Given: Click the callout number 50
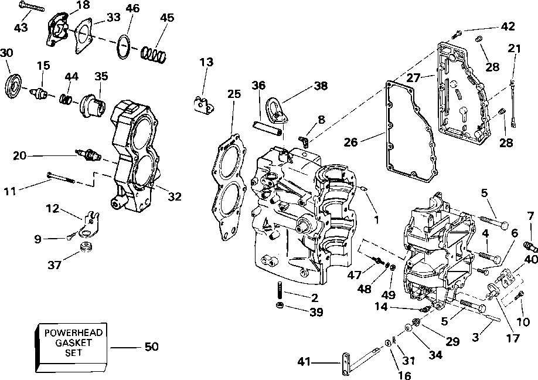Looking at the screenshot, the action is pos(151,347).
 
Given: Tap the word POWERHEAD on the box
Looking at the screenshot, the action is pos(73,333).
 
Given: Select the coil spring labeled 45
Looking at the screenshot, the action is pos(154,54).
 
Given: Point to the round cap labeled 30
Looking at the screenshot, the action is pos(14,85).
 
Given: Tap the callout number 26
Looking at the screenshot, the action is pos(350,142).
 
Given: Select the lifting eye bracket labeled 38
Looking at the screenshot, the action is pos(277,109).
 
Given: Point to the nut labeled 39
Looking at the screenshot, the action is pos(280,305).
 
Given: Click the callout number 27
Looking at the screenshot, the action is pos(413,77).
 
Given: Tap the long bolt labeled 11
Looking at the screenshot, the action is pos(61,178).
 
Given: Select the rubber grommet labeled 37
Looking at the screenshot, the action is pos(87,247).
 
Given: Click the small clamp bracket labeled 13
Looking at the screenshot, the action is pos(204,105).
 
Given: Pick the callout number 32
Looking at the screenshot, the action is pos(174,196).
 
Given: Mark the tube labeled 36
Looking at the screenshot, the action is pos(268,128).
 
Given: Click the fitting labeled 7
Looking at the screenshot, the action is pos(530,246).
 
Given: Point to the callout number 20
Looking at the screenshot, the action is pos(19,156).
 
